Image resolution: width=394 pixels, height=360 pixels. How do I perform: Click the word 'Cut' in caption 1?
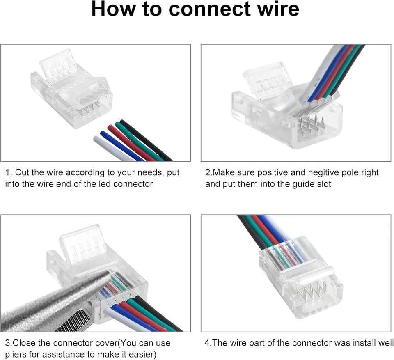point(23,173)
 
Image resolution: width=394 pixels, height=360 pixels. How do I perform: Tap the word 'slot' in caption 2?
point(323,184)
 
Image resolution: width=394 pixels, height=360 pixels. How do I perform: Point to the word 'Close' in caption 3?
point(24,343)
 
